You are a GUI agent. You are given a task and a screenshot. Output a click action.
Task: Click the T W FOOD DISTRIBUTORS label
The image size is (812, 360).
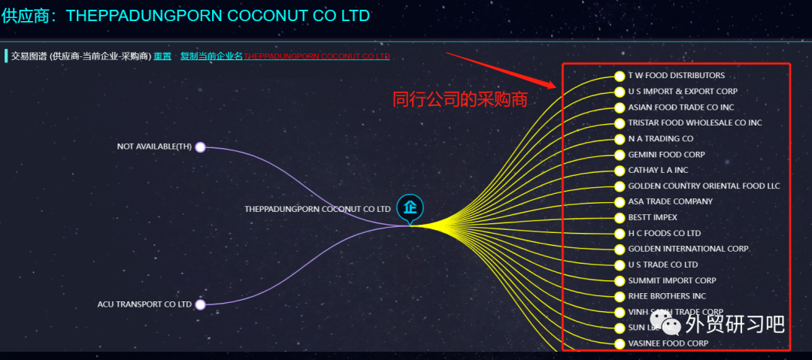tap(676, 76)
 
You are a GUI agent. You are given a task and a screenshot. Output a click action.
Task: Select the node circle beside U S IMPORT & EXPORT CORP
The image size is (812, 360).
tap(620, 92)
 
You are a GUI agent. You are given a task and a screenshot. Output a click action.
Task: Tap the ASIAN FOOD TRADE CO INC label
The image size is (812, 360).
tap(680, 107)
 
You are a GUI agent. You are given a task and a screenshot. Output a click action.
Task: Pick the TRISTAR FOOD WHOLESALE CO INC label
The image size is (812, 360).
tap(695, 123)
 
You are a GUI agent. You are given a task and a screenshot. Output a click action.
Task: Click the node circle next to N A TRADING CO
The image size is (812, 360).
tap(620, 139)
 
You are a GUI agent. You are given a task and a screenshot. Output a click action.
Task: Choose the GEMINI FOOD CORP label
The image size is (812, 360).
tap(666, 155)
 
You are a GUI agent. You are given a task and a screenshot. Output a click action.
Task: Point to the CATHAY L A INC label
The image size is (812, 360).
tap(658, 171)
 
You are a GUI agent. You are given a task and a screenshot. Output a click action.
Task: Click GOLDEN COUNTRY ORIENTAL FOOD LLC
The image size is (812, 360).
tap(704, 186)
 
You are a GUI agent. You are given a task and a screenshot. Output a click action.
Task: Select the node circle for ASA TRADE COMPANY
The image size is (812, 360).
tap(620, 202)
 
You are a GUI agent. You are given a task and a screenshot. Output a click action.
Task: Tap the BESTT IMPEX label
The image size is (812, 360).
tap(653, 218)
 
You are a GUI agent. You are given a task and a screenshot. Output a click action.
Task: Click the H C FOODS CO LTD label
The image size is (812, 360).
tap(664, 234)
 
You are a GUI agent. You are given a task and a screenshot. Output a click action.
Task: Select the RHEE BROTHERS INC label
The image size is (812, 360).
tap(667, 296)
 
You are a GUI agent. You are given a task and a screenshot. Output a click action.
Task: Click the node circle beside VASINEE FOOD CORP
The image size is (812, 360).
tap(620, 344)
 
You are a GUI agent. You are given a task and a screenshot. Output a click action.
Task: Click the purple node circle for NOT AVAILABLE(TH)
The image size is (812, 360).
tap(200, 147)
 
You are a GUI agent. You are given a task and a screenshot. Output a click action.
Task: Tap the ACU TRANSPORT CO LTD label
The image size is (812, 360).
tap(144, 304)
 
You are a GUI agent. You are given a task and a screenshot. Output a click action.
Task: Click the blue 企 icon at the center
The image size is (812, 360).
tap(410, 207)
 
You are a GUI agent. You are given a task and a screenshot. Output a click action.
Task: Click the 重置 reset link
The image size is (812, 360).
tap(162, 56)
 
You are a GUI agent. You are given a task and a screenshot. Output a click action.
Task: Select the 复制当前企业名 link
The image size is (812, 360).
tap(211, 56)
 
